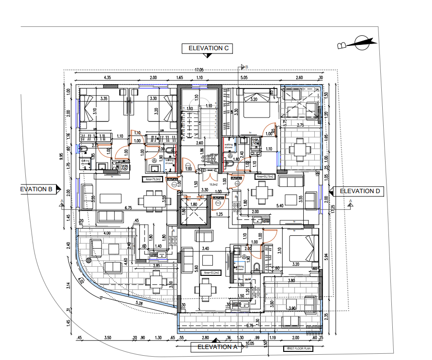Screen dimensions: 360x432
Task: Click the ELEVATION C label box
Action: [210, 48]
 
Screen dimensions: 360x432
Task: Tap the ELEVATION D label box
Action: [359, 191]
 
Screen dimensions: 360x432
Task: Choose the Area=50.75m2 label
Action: [265, 176]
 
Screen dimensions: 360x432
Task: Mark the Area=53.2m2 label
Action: [210, 273]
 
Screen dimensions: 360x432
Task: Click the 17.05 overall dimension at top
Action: [199, 70]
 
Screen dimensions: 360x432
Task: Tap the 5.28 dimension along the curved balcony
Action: [139, 303]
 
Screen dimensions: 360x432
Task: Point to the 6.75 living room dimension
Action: [128, 208]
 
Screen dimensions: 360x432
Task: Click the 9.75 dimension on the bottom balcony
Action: [249, 326]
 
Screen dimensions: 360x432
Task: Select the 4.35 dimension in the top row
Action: [107, 77]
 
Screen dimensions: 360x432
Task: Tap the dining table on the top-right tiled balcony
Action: [300, 150]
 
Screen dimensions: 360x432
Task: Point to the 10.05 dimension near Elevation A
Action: [249, 343]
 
